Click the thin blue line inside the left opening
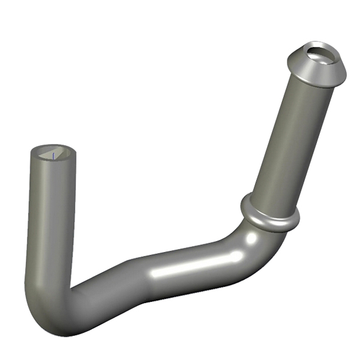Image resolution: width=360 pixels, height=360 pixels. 53,155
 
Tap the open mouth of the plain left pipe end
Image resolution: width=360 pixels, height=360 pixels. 53,154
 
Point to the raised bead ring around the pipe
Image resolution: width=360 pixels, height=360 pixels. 270,215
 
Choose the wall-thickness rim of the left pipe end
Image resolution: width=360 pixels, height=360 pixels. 36,157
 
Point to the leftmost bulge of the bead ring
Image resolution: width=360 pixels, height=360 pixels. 243,204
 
